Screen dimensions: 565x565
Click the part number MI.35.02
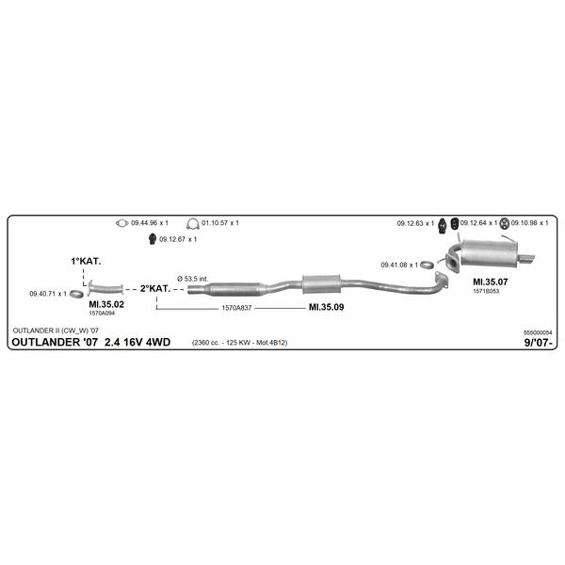(106, 304)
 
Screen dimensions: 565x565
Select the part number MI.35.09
(326, 307)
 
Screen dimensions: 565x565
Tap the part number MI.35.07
(490, 282)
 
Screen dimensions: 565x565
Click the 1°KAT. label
(86, 261)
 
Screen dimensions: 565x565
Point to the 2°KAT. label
(155, 289)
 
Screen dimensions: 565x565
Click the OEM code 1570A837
(236, 308)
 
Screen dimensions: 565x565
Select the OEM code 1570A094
(102, 314)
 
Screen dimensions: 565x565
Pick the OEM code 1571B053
(486, 291)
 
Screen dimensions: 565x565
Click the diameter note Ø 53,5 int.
(193, 279)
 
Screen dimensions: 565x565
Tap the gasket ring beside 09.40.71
(76, 294)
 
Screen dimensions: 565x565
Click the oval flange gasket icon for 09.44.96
(122, 223)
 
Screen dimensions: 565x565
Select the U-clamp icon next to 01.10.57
(193, 224)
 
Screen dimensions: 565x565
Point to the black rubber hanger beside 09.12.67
(153, 239)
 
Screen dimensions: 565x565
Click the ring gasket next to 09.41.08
(427, 266)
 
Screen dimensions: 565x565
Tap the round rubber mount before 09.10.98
(505, 223)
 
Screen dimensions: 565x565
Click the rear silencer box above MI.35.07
(490, 252)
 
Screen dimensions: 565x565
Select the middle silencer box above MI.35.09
(321, 284)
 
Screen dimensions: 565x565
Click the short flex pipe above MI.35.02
(105, 289)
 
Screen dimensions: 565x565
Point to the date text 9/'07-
(539, 343)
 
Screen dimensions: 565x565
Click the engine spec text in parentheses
(239, 343)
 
